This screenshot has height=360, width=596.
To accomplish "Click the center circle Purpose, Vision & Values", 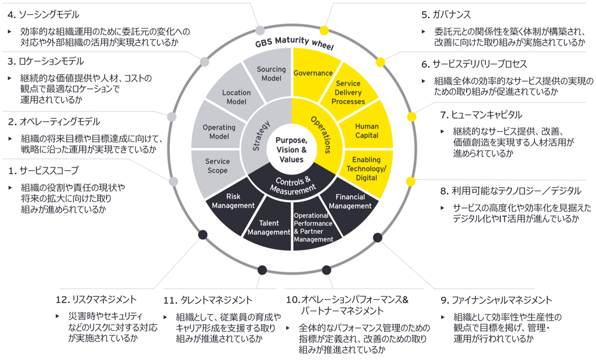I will [291, 150].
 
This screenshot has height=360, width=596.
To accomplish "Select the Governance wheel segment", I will [313, 73].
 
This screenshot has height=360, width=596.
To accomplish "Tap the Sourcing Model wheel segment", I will [271, 74].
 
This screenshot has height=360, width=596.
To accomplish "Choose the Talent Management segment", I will [269, 227].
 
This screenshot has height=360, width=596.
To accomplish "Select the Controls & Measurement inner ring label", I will [291, 185].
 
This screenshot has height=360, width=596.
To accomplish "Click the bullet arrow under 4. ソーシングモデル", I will [11, 32].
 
